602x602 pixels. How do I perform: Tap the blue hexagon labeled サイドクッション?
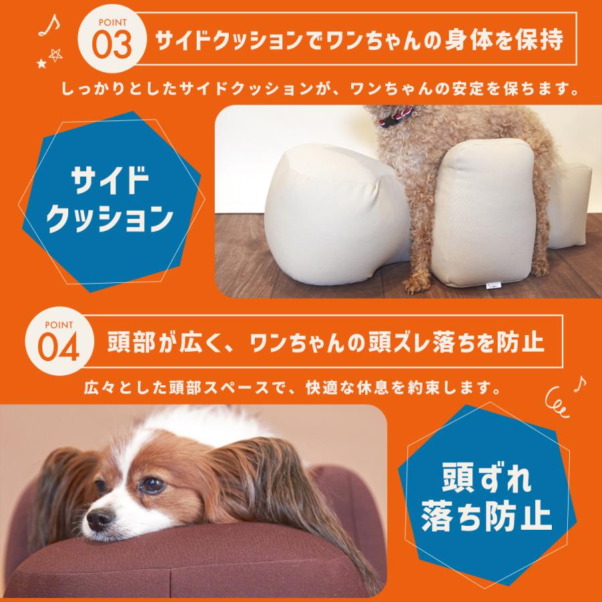(x=110, y=197)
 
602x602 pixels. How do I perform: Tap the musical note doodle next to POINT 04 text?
(x=579, y=383)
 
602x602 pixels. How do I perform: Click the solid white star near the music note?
(x=42, y=64)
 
